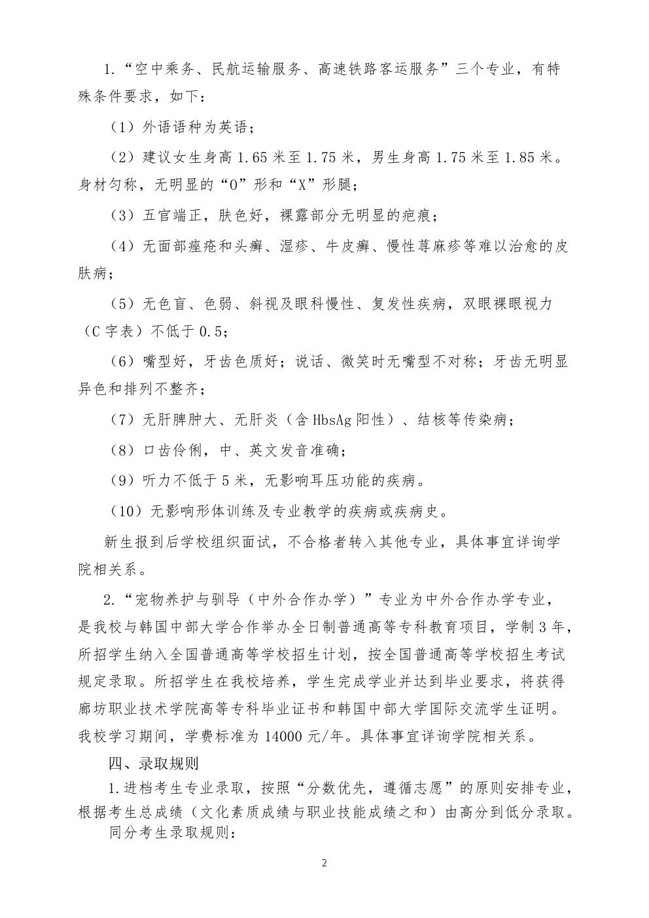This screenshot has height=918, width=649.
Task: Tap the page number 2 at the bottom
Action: pos(324,863)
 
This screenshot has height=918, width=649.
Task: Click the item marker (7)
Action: pos(122,420)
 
